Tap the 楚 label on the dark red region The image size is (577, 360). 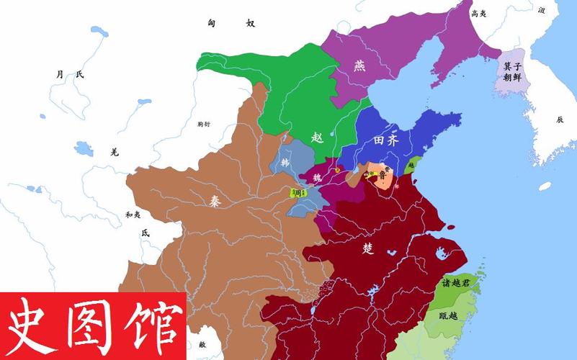368,248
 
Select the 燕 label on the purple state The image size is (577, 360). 359,66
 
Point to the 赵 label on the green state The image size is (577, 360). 318,138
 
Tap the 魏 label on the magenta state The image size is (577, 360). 317,176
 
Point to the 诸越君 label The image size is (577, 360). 455,283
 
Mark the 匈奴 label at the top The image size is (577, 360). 231,24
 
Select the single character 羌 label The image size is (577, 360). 114,151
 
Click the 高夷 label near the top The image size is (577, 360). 480,13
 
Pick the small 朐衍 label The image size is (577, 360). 204,124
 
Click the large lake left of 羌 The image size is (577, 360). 84,149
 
